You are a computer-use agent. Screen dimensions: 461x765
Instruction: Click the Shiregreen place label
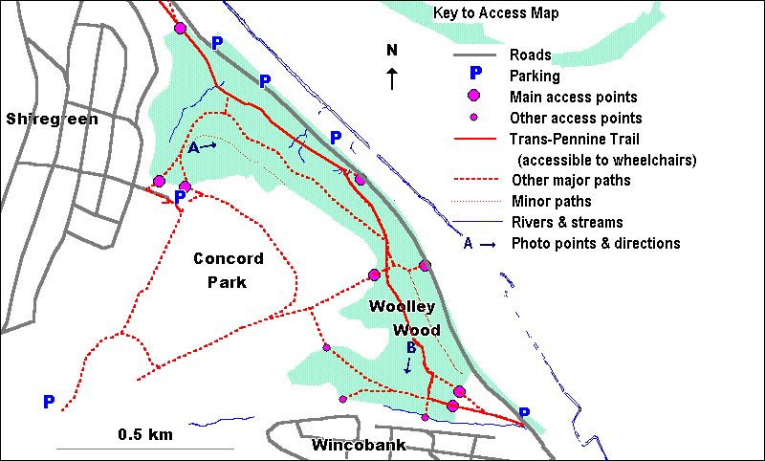[x=52, y=120]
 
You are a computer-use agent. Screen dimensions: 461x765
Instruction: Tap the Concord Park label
[x=228, y=271]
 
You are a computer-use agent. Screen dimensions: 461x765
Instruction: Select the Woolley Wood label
[x=403, y=318]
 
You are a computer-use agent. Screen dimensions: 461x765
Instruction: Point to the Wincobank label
[x=359, y=446]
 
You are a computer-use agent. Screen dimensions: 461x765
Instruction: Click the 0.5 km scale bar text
[x=145, y=434]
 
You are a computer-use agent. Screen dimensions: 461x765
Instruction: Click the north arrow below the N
[x=391, y=78]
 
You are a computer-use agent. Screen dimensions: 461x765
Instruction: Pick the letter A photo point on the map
[x=193, y=147]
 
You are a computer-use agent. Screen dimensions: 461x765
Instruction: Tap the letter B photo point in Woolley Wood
[x=410, y=348]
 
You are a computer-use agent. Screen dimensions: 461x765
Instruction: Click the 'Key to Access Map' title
[x=495, y=13]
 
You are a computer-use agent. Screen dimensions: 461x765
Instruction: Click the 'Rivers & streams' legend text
[x=564, y=222]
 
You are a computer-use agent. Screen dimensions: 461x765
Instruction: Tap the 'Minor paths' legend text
[x=551, y=201]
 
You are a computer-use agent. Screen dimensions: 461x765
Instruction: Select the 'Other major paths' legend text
[x=571, y=180]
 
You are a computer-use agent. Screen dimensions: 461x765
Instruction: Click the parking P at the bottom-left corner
[x=49, y=402]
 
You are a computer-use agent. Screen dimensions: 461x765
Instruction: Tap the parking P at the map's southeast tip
[x=524, y=414]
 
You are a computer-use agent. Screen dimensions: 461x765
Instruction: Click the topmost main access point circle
[x=180, y=28]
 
